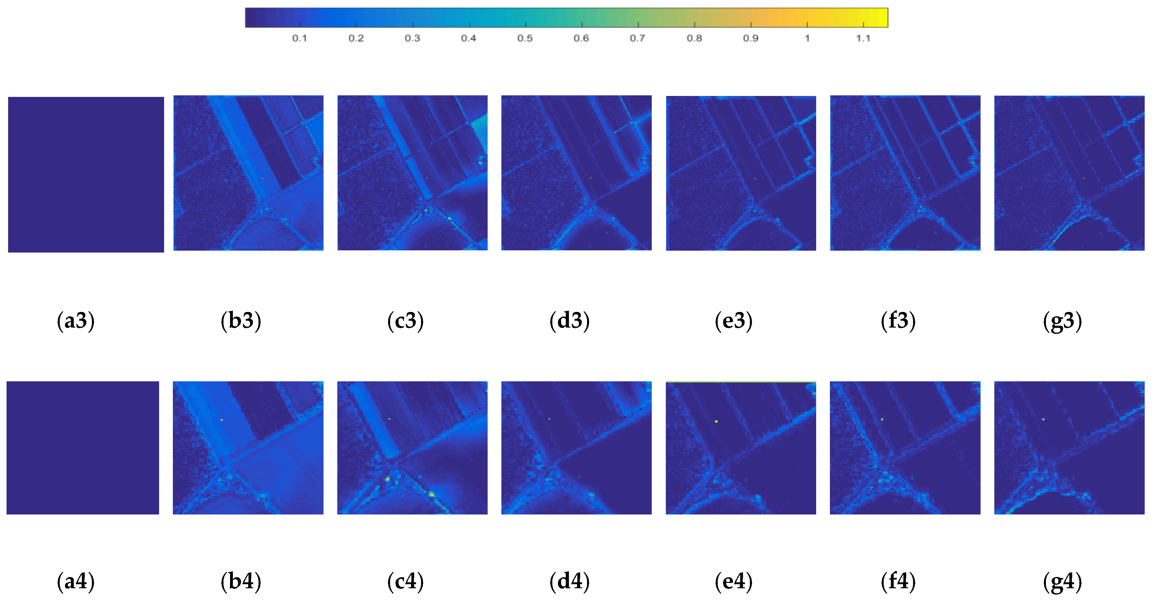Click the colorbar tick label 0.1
point(299,38)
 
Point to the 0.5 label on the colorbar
point(525,38)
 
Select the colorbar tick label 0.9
point(751,38)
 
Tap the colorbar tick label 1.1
point(863,38)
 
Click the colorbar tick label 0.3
point(413,38)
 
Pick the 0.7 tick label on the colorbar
point(638,38)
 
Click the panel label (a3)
point(75,321)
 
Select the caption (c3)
point(405,321)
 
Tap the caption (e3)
point(734,321)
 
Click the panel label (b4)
point(241,581)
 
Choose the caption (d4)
point(570,581)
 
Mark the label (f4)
point(898,581)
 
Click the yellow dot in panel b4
point(222,419)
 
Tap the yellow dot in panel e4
point(716,421)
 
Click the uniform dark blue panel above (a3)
point(86,174)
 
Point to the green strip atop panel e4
point(741,382)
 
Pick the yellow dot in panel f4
point(882,419)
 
